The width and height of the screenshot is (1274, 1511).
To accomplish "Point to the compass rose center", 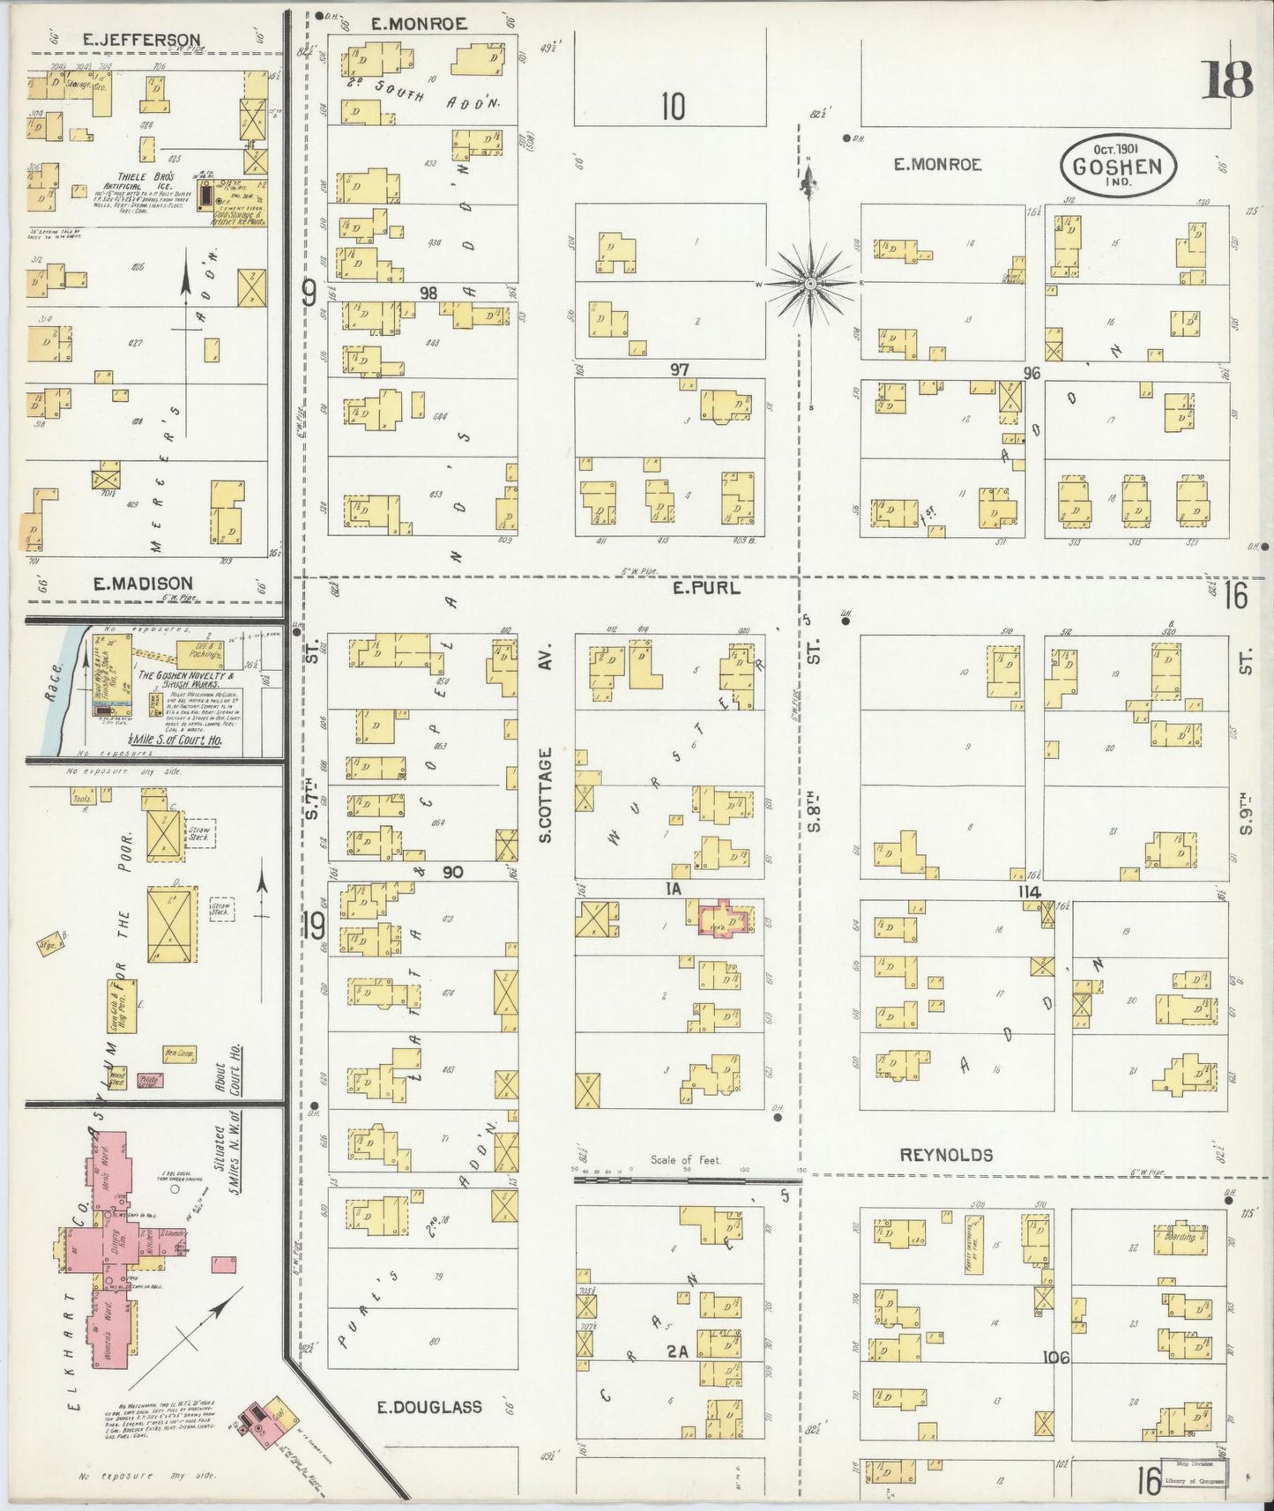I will [x=809, y=283].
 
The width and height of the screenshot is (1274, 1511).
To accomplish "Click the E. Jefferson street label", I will [x=141, y=40].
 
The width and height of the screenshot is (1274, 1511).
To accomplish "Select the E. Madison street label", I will [x=141, y=583].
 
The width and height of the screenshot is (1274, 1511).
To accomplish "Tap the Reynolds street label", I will [x=947, y=1155].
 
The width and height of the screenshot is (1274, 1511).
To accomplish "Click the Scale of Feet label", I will [x=686, y=1160].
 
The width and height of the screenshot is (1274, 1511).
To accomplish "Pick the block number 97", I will [x=678, y=369].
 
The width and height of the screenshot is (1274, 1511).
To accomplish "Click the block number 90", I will [x=453, y=872].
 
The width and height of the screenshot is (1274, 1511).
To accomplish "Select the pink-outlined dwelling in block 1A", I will [x=726, y=918].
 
